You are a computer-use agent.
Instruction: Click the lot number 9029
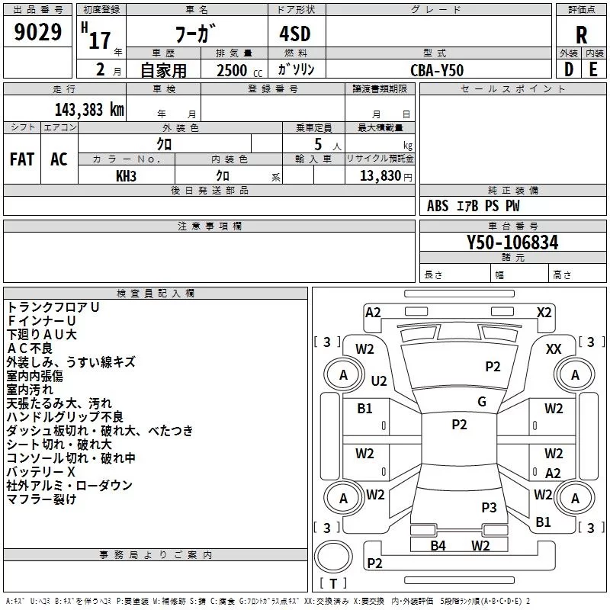(x=37, y=32)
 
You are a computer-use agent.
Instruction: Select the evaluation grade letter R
(x=581, y=35)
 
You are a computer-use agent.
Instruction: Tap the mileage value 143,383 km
(x=89, y=110)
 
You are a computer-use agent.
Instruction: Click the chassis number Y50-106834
(x=512, y=242)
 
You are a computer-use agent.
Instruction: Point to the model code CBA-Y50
(x=437, y=70)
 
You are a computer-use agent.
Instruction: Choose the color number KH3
(x=126, y=176)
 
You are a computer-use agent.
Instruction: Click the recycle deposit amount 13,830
(x=380, y=176)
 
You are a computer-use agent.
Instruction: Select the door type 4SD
(x=295, y=34)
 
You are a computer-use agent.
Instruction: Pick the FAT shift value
(x=22, y=159)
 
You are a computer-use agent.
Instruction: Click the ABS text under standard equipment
(x=438, y=206)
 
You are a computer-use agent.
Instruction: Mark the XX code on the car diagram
(x=554, y=349)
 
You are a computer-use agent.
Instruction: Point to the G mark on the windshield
(x=482, y=402)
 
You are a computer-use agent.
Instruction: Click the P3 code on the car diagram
(x=489, y=507)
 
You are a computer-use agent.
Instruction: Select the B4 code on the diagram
(x=438, y=545)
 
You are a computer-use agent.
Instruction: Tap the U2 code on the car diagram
(x=378, y=380)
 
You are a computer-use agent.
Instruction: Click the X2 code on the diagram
(x=544, y=313)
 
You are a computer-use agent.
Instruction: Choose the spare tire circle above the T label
(x=333, y=557)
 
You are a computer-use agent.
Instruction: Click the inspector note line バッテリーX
(x=41, y=472)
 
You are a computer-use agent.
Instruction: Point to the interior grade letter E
(x=593, y=69)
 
